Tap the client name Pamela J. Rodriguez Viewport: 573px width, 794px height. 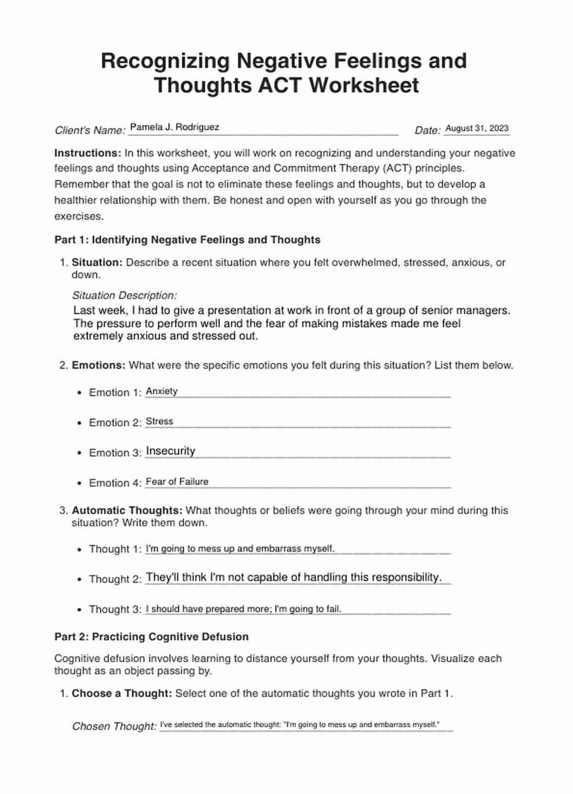coord(174,127)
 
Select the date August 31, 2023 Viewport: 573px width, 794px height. coord(477,129)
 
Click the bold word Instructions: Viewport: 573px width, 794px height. coord(88,153)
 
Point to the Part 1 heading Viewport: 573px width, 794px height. coord(187,240)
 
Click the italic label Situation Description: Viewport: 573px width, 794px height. coord(124,295)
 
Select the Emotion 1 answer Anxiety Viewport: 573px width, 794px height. coord(161,391)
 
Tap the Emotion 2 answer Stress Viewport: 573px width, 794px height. coord(159,421)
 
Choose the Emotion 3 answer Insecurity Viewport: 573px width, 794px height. coord(171,451)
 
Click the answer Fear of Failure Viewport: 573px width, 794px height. coord(177,482)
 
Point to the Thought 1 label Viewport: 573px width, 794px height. coord(115,549)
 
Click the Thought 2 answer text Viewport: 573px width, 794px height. coord(293,577)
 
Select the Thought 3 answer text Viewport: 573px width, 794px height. coord(243,609)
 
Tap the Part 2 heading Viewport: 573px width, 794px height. coord(151,637)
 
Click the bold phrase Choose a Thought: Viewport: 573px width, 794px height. coord(122,693)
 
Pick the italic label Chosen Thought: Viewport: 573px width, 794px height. coord(114,726)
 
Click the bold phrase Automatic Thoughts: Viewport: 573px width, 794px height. coord(127,510)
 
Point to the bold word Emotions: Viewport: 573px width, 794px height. coord(98,365)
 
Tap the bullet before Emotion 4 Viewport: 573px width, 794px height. coord(79,483)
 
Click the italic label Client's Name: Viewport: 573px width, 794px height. coord(90,131)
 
